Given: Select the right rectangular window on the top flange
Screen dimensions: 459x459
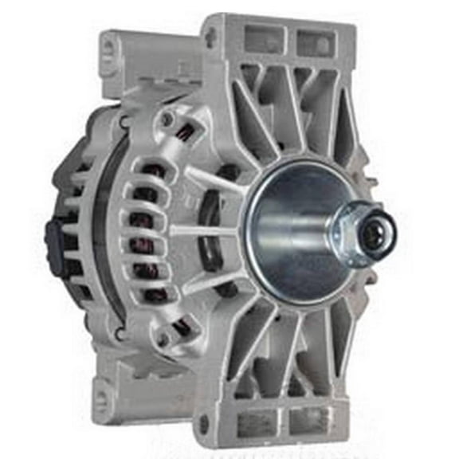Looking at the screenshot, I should [313, 40].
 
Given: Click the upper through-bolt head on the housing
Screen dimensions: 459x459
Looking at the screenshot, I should [166, 120].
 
